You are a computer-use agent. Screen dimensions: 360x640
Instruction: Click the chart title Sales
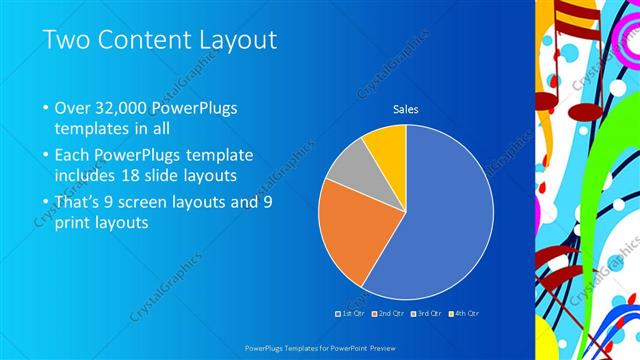(405, 109)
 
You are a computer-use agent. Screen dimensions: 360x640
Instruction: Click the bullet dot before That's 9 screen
(46, 202)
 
